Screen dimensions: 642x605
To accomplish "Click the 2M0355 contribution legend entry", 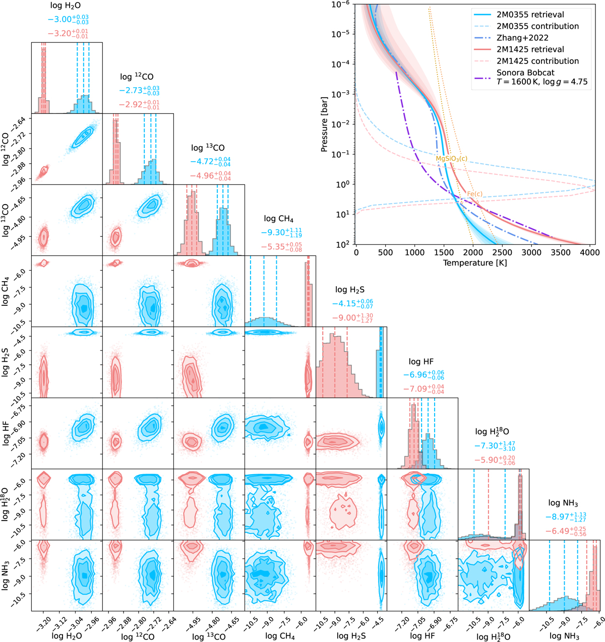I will [534, 26].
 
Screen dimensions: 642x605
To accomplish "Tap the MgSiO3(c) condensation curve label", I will [451, 159].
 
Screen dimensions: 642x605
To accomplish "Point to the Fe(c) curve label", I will [474, 194].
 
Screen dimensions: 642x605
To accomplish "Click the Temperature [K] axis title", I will [475, 263].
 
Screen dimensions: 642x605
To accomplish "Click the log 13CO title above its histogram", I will [208, 148].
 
